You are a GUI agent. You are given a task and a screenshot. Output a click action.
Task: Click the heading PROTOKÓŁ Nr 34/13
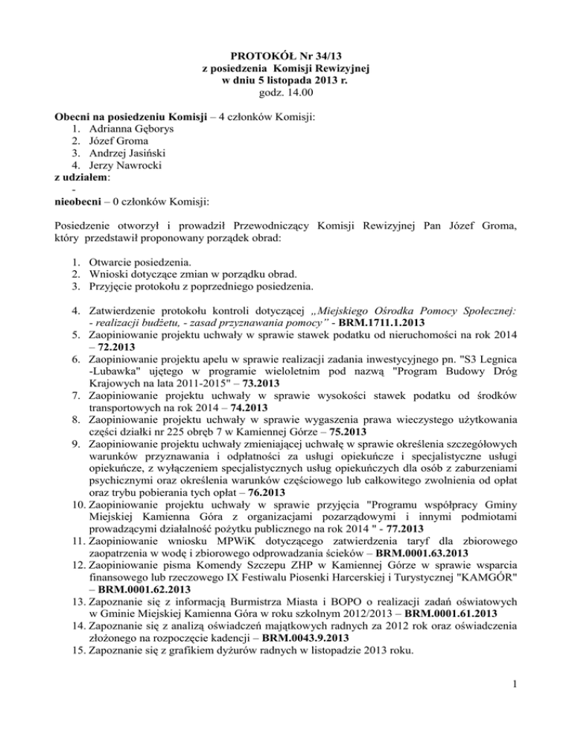click(285, 55)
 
